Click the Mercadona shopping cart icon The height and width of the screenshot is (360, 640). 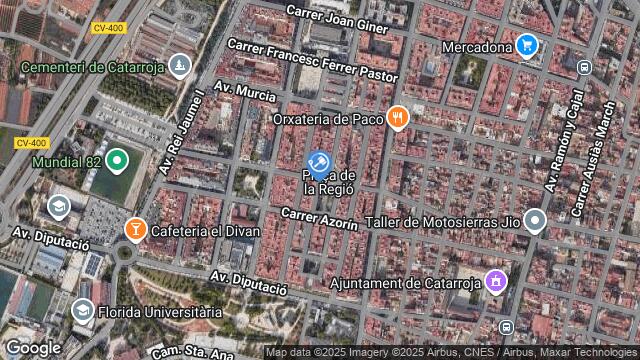tap(528, 44)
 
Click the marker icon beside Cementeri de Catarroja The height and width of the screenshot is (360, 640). tap(179, 66)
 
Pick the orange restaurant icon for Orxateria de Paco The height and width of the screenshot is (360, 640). tap(398, 118)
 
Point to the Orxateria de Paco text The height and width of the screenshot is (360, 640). tap(329, 119)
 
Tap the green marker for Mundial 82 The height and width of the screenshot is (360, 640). tap(117, 159)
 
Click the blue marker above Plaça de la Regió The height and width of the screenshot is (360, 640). tap(318, 162)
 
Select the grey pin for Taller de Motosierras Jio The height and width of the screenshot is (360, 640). tap(536, 220)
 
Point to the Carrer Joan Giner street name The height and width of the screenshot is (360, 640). tap(336, 18)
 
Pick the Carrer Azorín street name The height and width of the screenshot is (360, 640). tap(319, 219)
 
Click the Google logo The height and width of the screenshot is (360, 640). tap(33, 348)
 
